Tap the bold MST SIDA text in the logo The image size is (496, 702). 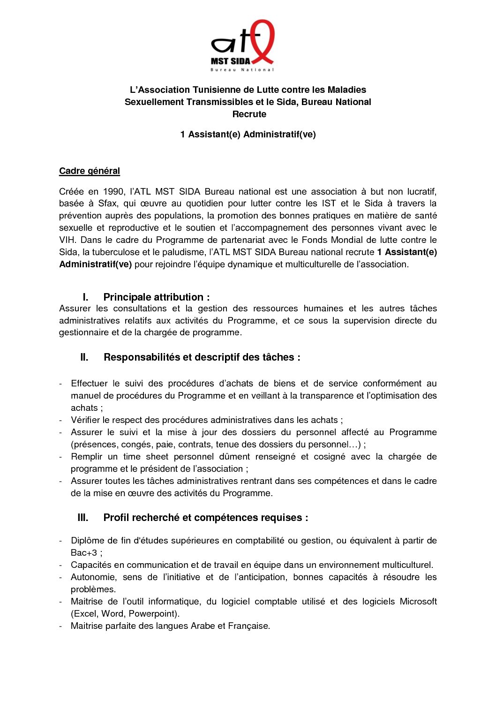pyautogui.click(x=230, y=61)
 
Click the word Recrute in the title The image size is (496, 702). pyautogui.click(x=249, y=114)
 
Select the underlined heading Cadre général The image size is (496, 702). pyautogui.click(x=90, y=171)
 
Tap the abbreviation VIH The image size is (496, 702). pyautogui.click(x=67, y=240)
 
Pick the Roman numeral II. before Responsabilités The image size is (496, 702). pyautogui.click(x=84, y=357)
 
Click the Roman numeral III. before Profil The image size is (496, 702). pyautogui.click(x=83, y=518)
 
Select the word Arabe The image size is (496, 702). pyautogui.click(x=203, y=626)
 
